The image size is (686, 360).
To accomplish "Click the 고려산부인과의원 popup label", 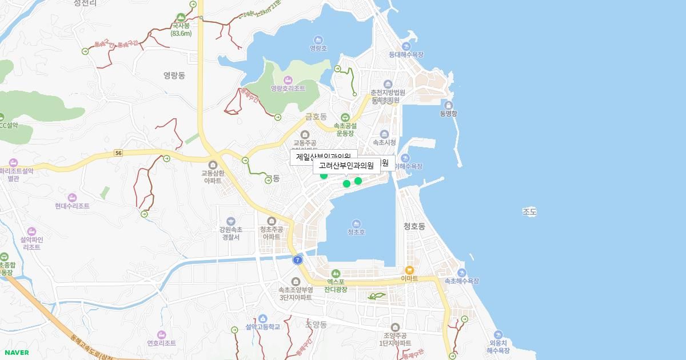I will pyautogui.click(x=346, y=166).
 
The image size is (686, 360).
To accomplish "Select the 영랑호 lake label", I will pyautogui.click(x=318, y=48).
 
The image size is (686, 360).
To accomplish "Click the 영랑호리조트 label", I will pyautogui.click(x=288, y=88).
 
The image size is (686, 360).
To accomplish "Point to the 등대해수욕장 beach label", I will pyautogui.click(x=406, y=54).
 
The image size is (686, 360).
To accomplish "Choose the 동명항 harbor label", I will pyautogui.click(x=448, y=113).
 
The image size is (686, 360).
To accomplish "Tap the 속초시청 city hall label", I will pyautogui.click(x=384, y=142).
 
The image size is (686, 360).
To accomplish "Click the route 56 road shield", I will pyautogui.click(x=118, y=153).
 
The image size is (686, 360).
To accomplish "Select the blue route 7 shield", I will pyautogui.click(x=297, y=260).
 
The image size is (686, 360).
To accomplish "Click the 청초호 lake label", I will pyautogui.click(x=356, y=231).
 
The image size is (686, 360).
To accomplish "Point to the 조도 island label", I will pyautogui.click(x=529, y=212).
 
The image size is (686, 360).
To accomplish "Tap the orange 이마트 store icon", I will pyautogui.click(x=409, y=270).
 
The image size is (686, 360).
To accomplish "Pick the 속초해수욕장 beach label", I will pyautogui.click(x=461, y=281).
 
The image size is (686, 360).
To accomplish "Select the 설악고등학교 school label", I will pyautogui.click(x=262, y=326).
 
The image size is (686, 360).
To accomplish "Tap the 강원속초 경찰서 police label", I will pyautogui.click(x=230, y=233).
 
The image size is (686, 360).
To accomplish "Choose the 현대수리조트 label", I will pyautogui.click(x=72, y=206).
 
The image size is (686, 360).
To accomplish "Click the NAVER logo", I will pyautogui.click(x=16, y=353).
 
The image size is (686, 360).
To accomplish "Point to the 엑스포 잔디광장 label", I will pyautogui.click(x=336, y=285).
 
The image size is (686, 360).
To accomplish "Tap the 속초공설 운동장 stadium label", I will pyautogui.click(x=346, y=129).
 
